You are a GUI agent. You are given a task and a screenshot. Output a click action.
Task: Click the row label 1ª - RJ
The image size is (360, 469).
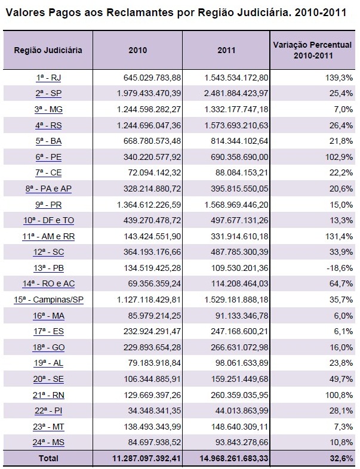click(48, 78)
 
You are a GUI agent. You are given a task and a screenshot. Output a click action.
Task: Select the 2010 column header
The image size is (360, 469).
click(137, 50)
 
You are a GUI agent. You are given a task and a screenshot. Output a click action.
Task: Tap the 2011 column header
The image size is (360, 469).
click(226, 50)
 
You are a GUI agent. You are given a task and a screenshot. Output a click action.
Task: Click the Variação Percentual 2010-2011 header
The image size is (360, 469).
click(313, 50)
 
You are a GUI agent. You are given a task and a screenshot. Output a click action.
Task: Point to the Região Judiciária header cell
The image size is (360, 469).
click(48, 50)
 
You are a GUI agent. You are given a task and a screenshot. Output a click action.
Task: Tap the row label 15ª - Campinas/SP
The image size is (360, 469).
click(48, 300)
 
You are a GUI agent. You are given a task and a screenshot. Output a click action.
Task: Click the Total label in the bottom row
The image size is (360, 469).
click(48, 458)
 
